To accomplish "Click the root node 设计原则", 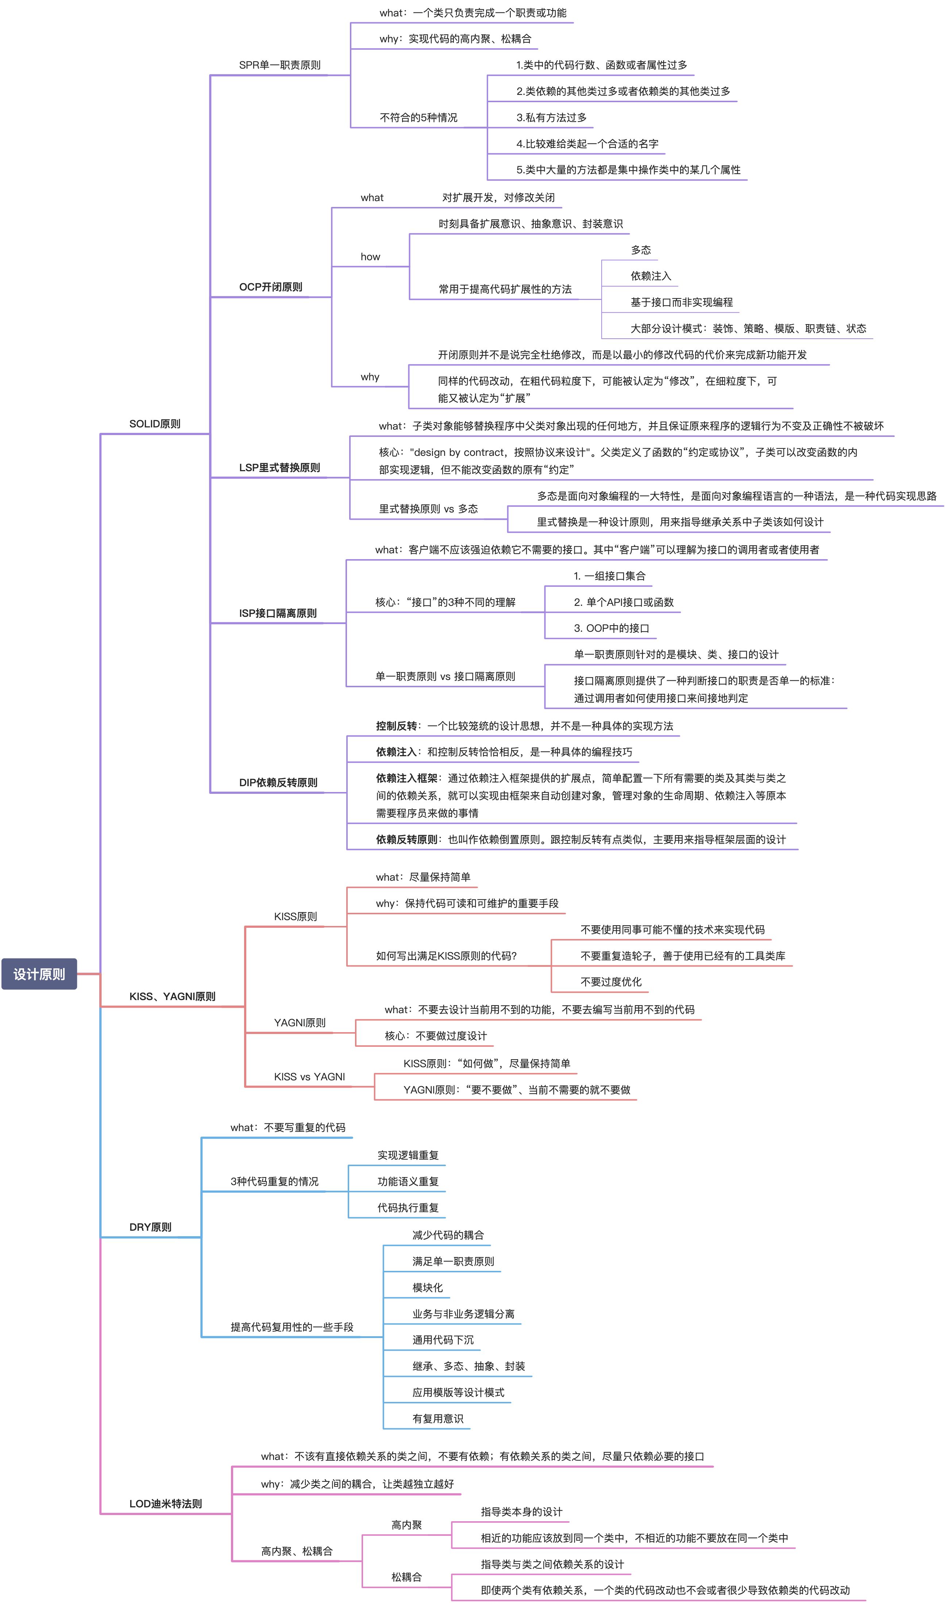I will [39, 974].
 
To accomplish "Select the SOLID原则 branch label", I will [155, 423].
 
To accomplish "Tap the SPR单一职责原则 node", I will [279, 65].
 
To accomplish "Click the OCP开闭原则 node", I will [271, 287].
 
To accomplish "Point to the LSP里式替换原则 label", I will [279, 468].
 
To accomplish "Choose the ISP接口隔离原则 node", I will [278, 613].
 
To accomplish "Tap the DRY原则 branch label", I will [150, 1227].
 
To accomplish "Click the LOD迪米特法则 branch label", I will [166, 1504].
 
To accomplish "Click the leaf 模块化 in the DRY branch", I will [427, 1288].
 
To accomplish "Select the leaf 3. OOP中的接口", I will [611, 628].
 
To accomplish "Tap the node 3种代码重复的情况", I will [274, 1181].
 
